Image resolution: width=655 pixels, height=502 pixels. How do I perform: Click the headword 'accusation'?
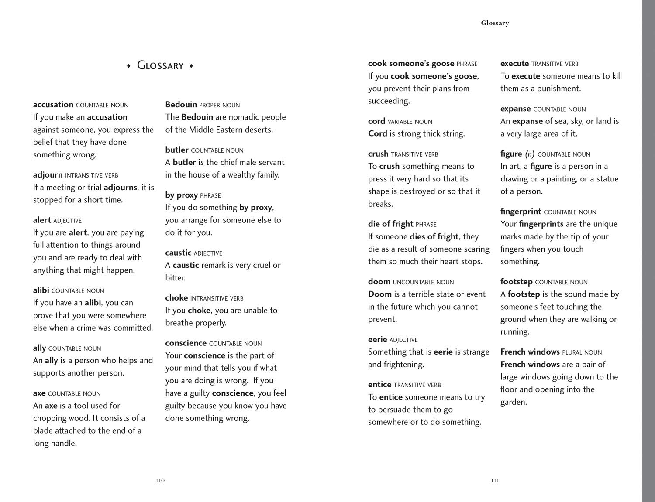coord(53,105)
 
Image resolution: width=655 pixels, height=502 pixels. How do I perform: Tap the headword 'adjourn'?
coord(48,175)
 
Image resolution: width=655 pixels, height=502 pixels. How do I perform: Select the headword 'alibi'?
coord(41,290)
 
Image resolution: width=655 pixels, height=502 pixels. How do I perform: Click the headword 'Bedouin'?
coord(181,105)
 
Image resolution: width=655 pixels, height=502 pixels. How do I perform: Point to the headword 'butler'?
coord(177,150)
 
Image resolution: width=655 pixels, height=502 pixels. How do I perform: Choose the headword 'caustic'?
coord(178,253)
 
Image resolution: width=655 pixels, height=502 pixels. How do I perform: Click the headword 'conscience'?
coord(186,343)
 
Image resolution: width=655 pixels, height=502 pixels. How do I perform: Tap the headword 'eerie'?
coord(378,340)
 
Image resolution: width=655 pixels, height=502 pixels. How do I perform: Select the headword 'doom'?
coord(379,282)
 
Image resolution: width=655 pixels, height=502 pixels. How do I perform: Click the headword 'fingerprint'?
coord(521,212)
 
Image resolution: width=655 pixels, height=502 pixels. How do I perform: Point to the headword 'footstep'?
coord(516,282)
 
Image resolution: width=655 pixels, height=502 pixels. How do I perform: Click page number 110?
coord(160,481)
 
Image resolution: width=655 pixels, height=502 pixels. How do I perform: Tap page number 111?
coord(495,481)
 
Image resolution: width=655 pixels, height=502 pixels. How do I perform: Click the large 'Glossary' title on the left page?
coord(160,65)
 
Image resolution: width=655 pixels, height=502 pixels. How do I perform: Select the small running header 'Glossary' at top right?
coord(495,23)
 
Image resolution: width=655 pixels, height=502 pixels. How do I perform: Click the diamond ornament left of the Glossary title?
coord(128,66)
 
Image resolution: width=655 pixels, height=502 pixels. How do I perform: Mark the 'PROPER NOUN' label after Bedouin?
coord(220,105)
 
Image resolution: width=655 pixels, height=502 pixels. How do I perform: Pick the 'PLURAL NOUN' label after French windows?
coord(582,352)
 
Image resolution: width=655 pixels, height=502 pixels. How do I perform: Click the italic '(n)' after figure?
coord(530,154)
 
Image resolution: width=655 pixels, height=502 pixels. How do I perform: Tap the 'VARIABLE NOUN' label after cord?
coord(410,122)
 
